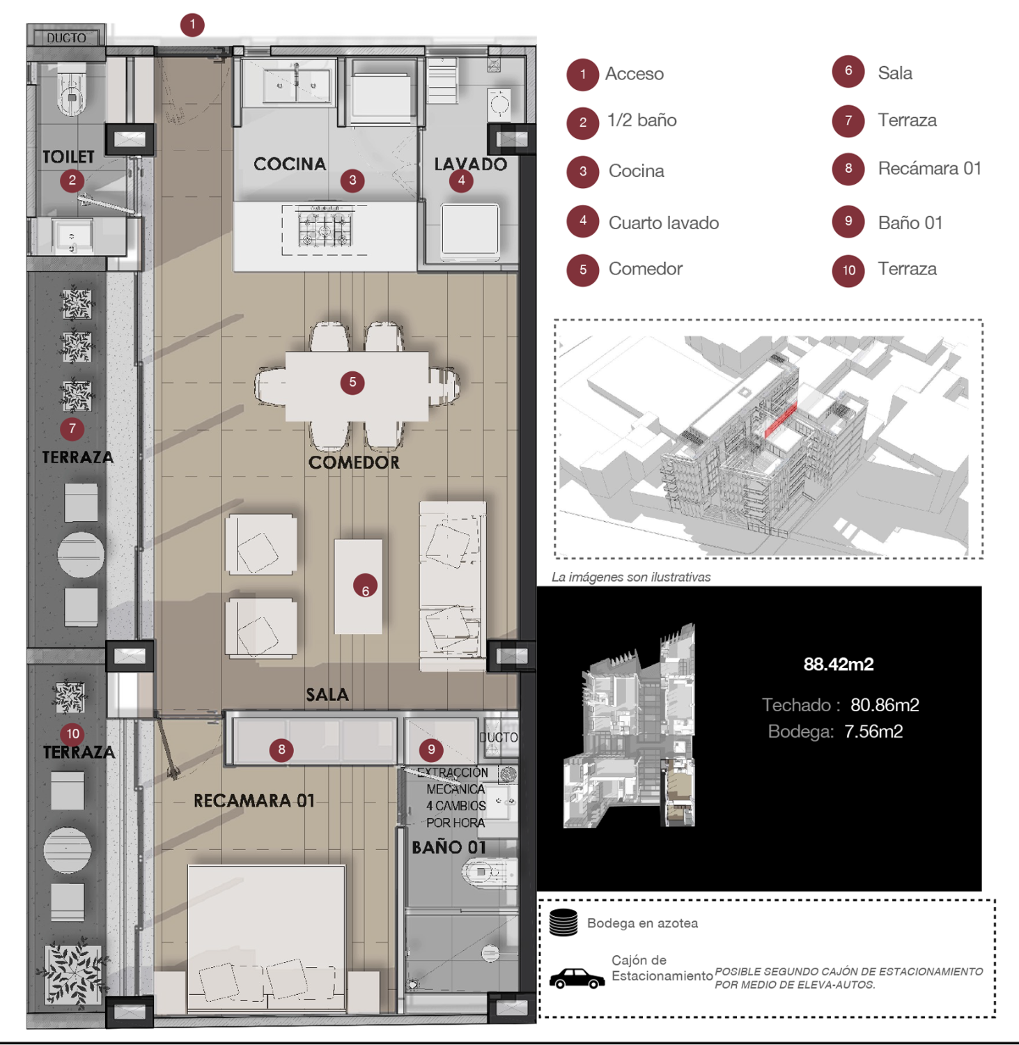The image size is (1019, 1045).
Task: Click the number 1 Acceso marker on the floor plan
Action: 192,25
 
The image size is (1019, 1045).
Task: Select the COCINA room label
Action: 290,164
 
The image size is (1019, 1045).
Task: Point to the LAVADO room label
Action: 470,164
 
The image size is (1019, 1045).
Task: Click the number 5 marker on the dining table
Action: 352,382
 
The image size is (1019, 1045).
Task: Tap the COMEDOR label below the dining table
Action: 354,463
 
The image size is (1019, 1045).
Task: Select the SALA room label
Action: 327,695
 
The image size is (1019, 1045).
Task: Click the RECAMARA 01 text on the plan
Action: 254,801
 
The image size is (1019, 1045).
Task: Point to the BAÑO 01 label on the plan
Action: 449,848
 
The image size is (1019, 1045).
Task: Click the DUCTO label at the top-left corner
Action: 66,38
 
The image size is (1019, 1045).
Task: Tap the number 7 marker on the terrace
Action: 72,429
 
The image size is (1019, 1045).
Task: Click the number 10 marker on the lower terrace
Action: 72,734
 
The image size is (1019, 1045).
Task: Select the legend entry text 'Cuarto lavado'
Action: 663,223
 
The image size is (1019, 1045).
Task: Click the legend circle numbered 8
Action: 848,169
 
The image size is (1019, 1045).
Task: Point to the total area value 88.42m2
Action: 838,664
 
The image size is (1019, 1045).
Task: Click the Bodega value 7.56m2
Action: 873,731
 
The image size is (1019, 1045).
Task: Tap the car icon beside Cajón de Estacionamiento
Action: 576,978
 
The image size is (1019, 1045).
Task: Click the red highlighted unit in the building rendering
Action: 781,421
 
